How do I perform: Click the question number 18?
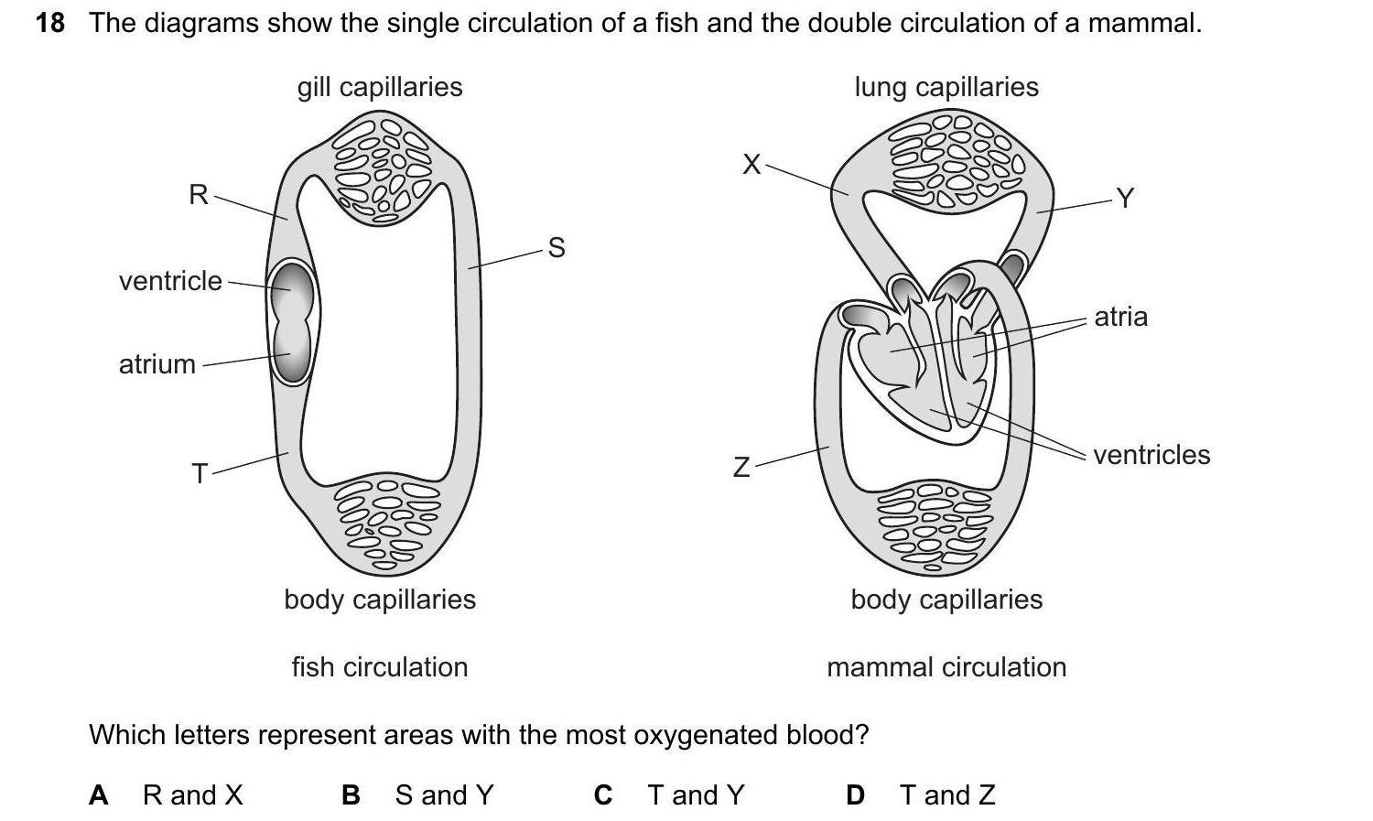point(50,23)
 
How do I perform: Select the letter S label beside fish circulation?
point(556,247)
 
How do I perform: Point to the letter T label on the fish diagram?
point(200,473)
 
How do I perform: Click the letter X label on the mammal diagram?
point(751,165)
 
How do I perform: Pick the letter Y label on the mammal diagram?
point(1125,198)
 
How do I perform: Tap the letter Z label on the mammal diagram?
point(741,468)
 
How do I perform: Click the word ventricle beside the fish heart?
point(170,281)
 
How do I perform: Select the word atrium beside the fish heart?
point(157,364)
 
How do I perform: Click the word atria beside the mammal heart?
point(1120,317)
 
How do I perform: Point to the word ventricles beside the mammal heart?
point(1151,455)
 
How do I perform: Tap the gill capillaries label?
point(380,87)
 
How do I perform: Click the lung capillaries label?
point(946,87)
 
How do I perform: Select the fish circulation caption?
point(380,667)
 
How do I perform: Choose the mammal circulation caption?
point(946,667)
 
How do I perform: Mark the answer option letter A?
point(98,795)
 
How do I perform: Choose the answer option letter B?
point(351,795)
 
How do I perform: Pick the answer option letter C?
point(602,795)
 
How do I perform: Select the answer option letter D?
point(855,795)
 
